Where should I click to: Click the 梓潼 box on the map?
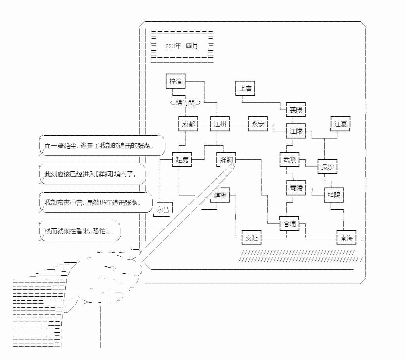click(176, 81)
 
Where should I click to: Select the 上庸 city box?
click(245, 88)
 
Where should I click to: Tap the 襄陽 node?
click(296, 110)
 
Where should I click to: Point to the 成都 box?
click(188, 124)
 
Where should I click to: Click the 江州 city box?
click(220, 124)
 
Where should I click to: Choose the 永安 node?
click(257, 124)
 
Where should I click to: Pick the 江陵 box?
click(296, 131)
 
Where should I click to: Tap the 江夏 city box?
click(340, 124)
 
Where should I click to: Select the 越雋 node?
click(182, 160)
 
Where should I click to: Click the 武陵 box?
click(290, 160)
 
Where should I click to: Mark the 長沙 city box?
click(327, 167)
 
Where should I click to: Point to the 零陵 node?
click(296, 188)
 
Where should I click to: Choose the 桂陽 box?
click(334, 195)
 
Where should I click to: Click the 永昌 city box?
click(163, 210)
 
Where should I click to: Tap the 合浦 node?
click(290, 224)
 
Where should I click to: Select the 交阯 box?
click(251, 238)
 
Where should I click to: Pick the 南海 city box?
click(346, 238)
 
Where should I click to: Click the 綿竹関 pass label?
click(185, 103)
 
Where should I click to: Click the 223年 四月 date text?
click(182, 45)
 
